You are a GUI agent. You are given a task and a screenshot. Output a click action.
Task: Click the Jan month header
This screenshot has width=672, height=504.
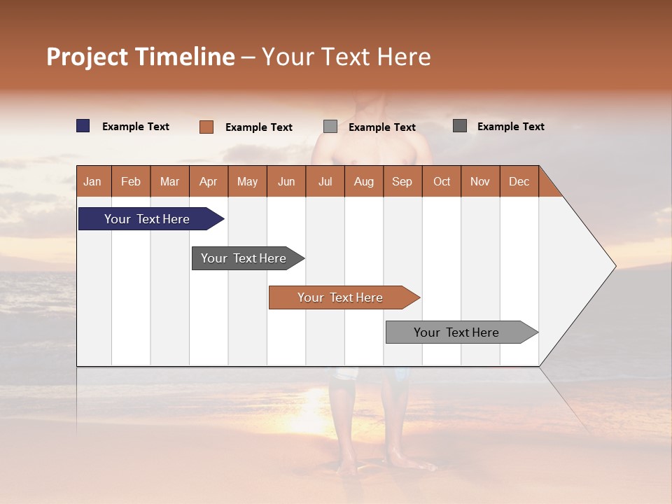[x=93, y=181]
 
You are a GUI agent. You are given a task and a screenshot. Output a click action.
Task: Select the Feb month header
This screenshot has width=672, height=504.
[x=131, y=181]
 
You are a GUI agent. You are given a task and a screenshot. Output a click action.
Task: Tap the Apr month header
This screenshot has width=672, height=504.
[x=209, y=181]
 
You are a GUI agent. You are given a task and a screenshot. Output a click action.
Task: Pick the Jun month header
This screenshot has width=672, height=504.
[x=286, y=181]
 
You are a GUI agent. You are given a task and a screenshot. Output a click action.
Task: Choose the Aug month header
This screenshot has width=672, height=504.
[x=364, y=181]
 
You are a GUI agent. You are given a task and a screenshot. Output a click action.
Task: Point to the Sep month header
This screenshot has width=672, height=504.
[x=402, y=181]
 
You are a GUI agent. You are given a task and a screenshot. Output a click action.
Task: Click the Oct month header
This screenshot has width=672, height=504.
[x=442, y=181]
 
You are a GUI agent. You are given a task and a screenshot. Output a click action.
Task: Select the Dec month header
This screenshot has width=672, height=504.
[x=519, y=181]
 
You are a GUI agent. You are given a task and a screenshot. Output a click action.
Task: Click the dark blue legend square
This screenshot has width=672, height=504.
[x=83, y=126]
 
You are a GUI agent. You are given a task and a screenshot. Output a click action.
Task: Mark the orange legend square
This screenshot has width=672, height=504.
[x=206, y=127]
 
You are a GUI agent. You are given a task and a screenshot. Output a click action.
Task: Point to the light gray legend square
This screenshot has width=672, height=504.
[x=330, y=127]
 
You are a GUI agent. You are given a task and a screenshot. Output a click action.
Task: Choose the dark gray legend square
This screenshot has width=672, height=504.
[x=460, y=126]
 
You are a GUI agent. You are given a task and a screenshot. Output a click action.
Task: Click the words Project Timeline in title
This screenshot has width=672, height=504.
[x=140, y=57]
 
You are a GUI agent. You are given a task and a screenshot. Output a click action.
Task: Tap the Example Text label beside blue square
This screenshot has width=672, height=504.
[x=136, y=127]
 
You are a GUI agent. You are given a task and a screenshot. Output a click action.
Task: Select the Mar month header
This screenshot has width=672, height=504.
[x=169, y=181]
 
